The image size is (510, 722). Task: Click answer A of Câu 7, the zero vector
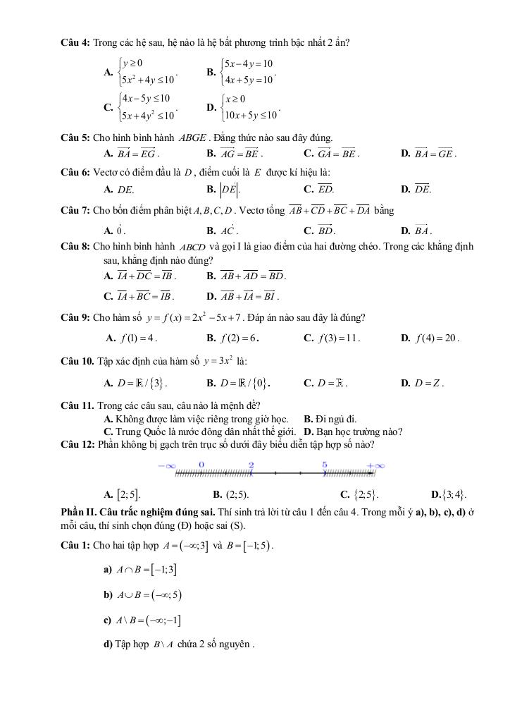coord(116,230)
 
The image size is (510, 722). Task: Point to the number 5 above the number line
coord(325,464)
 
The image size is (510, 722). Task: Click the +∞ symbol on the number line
coord(376,465)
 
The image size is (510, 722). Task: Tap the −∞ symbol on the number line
coord(166,465)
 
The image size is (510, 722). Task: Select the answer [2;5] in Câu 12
coord(122,494)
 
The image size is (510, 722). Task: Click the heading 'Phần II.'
coord(79,512)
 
